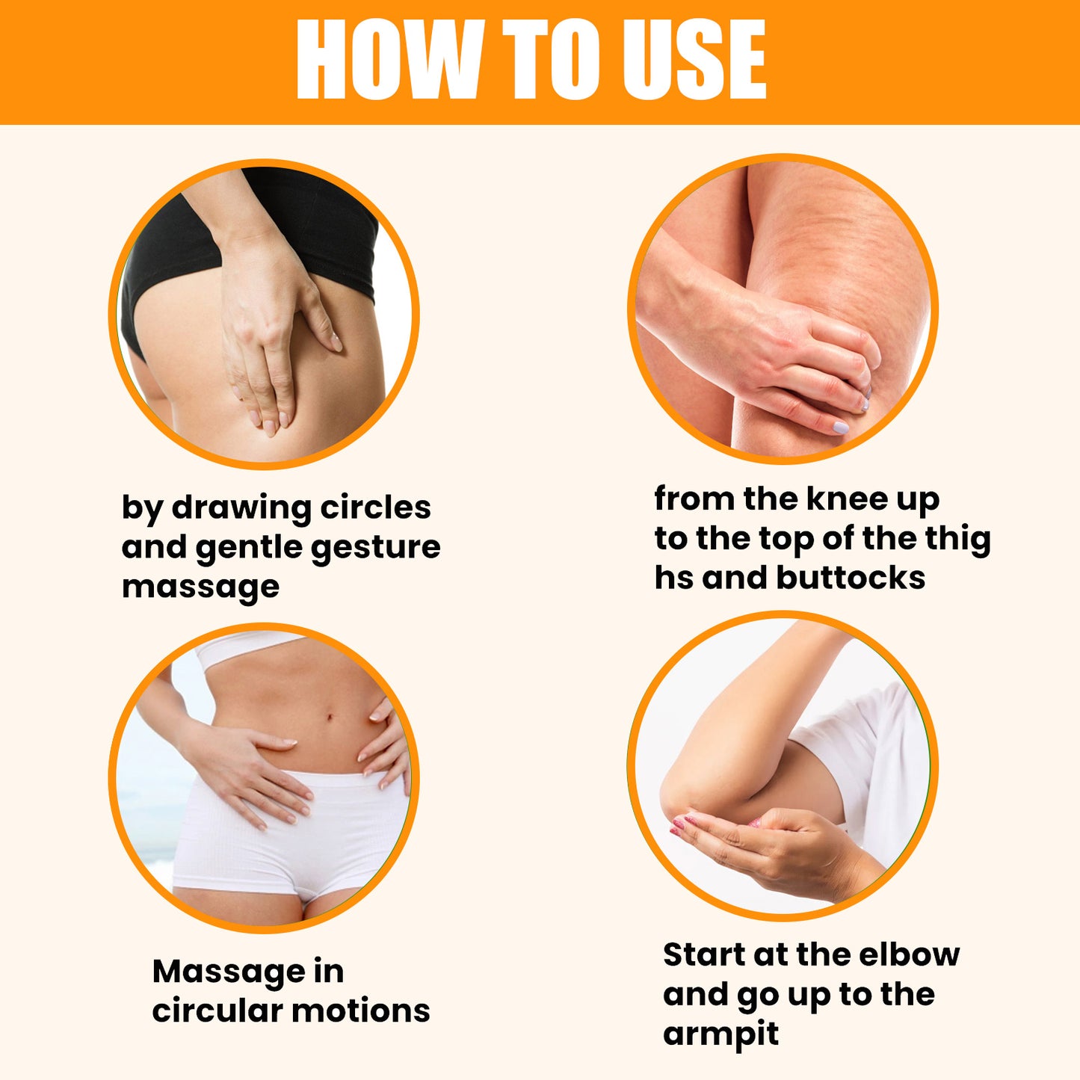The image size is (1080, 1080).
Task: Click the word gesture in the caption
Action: click(x=375, y=548)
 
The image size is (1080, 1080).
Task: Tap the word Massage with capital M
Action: click(x=229, y=972)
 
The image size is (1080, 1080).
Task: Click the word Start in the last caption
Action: click(x=704, y=954)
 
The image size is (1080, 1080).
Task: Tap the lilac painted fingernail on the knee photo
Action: click(x=841, y=428)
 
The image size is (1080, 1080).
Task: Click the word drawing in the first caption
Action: click(x=241, y=507)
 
